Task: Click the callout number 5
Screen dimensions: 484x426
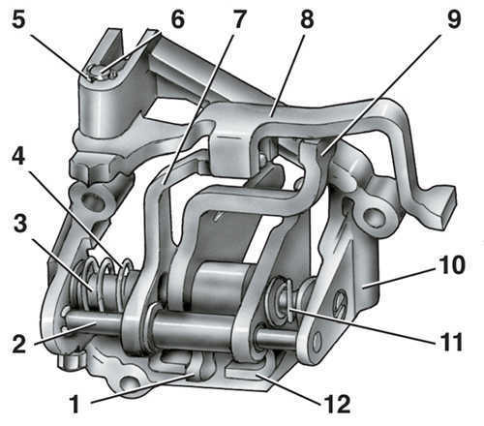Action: (18, 20)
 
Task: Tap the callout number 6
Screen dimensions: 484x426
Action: (178, 19)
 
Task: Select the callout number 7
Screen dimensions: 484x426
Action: (239, 19)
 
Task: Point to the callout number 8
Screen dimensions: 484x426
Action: (307, 19)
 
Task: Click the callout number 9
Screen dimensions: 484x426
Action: (454, 19)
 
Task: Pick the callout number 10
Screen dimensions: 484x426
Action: (451, 265)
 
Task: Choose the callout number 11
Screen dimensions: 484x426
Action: (451, 342)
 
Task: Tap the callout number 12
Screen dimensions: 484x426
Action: (339, 404)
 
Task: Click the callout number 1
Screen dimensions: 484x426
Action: (75, 404)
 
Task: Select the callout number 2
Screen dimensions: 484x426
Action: (19, 344)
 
